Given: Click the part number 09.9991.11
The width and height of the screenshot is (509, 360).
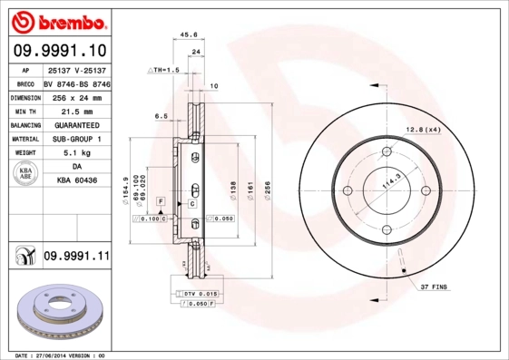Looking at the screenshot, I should point(75,258).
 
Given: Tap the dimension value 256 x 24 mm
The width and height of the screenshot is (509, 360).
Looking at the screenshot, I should point(75,96).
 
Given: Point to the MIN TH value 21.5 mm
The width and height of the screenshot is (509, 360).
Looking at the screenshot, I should point(76,111).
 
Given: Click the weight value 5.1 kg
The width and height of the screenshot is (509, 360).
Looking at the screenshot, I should point(76,154).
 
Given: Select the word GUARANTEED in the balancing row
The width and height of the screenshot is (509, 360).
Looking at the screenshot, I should point(76,125).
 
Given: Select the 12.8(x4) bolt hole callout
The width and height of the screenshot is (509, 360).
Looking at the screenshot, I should point(424,131).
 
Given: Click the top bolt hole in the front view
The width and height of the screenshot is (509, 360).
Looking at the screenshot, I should point(385,151).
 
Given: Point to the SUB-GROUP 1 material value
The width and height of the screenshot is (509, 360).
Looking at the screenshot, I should point(76,140).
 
